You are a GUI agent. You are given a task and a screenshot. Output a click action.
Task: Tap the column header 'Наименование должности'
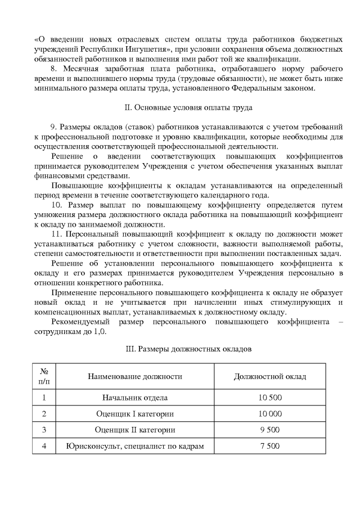tap(134, 376)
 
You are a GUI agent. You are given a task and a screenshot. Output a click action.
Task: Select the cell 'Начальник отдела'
tap(134, 398)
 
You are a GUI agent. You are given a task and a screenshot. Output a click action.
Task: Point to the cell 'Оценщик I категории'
tap(134, 414)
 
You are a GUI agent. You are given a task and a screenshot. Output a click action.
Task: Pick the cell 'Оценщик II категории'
tap(134, 430)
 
